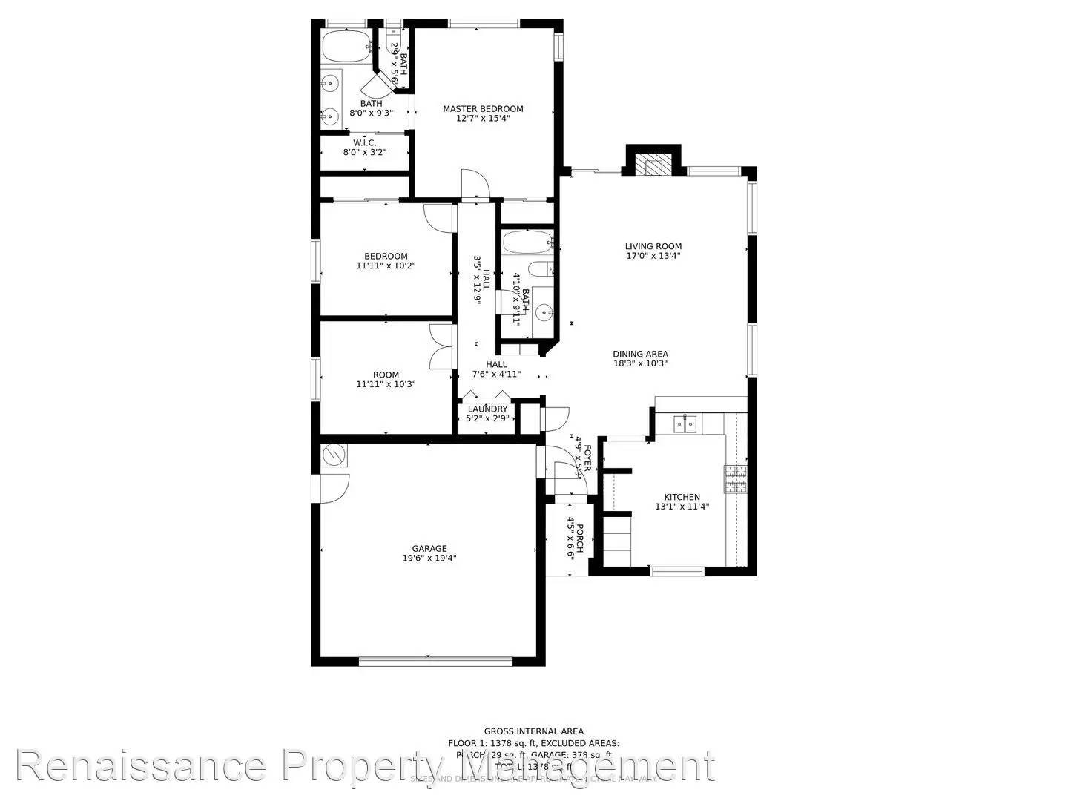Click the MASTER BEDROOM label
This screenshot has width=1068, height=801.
(483, 109)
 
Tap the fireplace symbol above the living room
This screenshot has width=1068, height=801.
(653, 165)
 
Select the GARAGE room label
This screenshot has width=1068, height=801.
(429, 549)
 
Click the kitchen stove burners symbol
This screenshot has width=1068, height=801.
(735, 479)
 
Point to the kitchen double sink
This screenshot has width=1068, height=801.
(685, 423)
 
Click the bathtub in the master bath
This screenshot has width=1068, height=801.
(346, 45)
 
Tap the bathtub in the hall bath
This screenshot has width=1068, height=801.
(527, 242)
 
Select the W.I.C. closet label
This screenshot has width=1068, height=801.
(364, 142)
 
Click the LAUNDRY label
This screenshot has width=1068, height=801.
(487, 409)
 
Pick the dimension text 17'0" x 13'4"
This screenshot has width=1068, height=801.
(653, 256)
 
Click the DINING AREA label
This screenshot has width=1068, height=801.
(640, 354)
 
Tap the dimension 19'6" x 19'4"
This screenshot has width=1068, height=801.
(429, 558)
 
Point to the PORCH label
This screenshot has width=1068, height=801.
(580, 538)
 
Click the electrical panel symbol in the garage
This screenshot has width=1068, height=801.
(334, 455)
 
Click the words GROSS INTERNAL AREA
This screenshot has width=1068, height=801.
(533, 731)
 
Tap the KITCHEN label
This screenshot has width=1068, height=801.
(682, 497)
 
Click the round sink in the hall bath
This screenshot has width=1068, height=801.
(544, 312)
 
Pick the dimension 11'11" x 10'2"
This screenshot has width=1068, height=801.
(386, 266)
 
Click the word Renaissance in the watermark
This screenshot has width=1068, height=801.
(141, 766)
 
